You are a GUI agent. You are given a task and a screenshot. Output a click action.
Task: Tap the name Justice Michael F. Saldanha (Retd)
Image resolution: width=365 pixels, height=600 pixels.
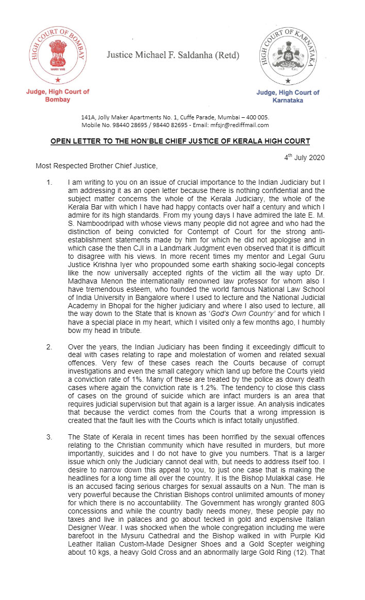[x=173, y=55]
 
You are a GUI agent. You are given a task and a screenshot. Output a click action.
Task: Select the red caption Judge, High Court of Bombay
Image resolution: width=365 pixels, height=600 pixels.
[x=57, y=95]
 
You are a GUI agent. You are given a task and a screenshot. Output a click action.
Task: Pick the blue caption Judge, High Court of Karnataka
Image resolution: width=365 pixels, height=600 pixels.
[x=288, y=96]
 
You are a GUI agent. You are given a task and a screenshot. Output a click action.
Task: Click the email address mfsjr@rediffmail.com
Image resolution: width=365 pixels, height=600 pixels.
[x=243, y=125]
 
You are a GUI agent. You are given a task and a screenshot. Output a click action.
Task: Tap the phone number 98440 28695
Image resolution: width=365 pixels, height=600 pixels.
[x=138, y=125]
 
